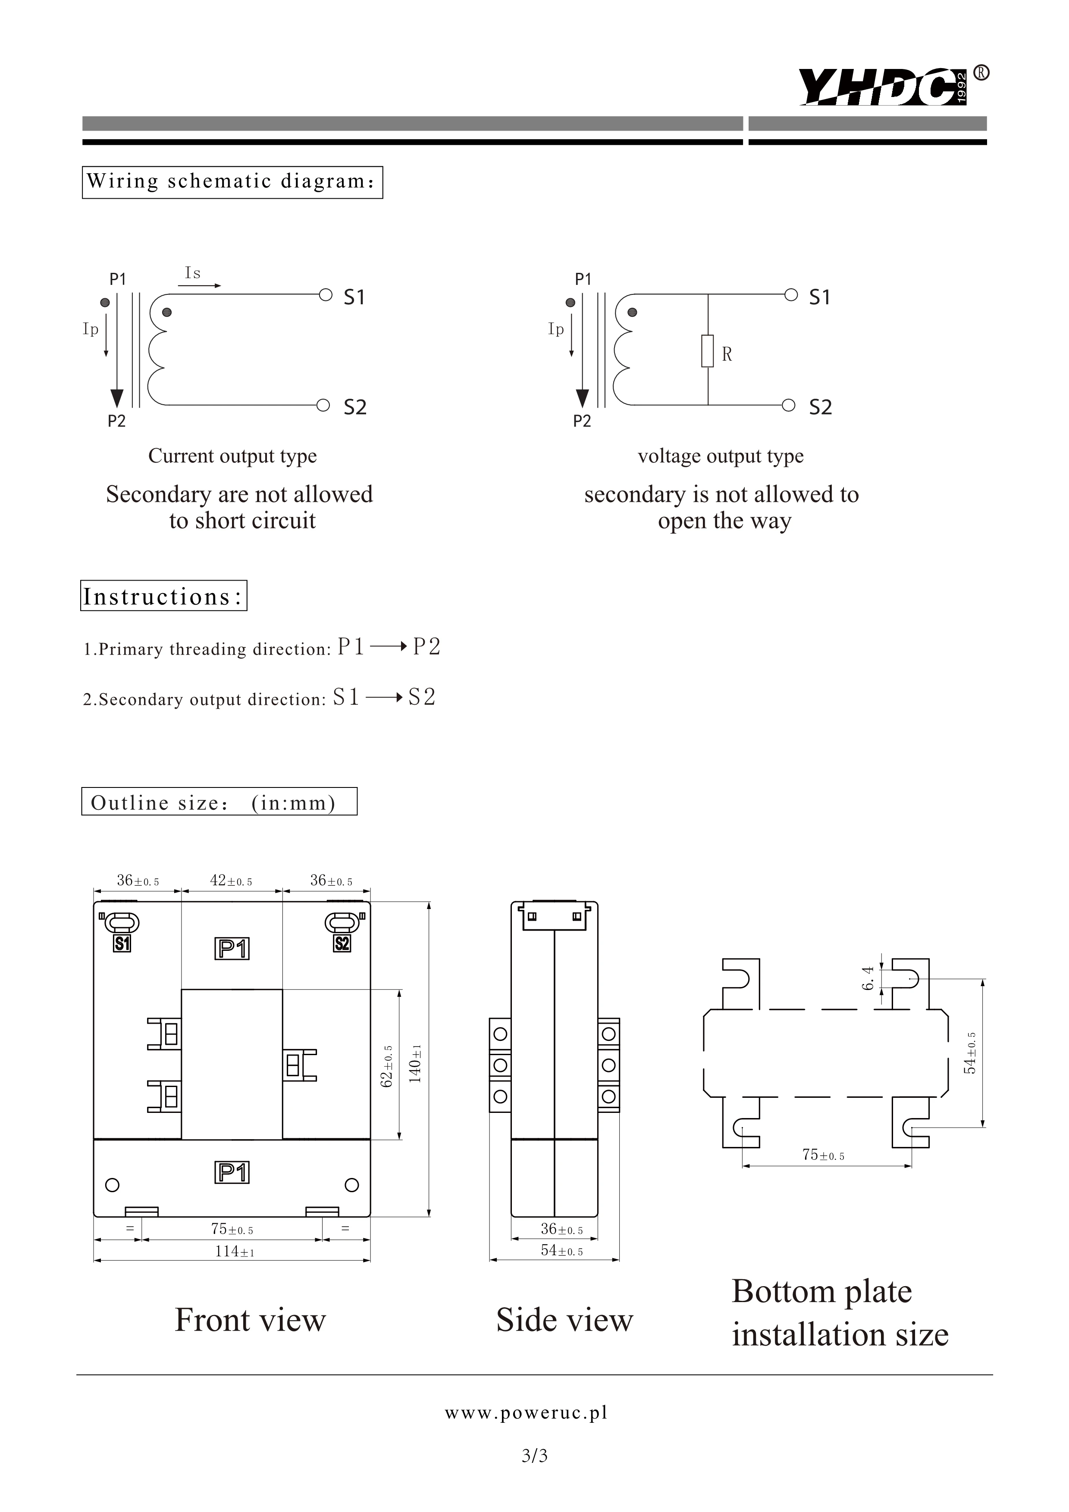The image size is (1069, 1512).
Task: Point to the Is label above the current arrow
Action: point(192,273)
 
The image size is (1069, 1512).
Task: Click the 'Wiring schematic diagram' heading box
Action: point(232,182)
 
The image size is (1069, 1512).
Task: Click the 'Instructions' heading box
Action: point(163,596)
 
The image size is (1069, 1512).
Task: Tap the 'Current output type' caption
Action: point(232,456)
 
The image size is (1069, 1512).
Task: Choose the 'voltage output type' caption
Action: point(721,456)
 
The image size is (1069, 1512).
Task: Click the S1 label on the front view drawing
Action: point(122,943)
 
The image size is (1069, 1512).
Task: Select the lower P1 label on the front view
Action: point(232,1173)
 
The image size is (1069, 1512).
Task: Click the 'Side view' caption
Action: point(564,1320)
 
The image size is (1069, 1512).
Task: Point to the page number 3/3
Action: point(534,1456)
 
